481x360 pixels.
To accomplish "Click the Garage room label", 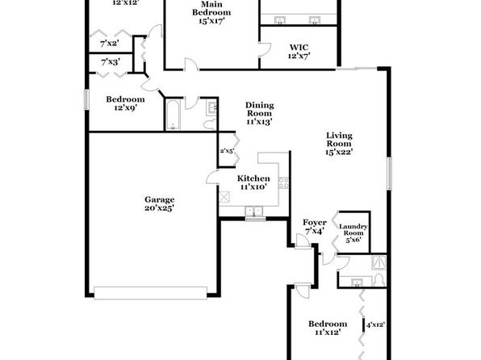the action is click(x=160, y=200).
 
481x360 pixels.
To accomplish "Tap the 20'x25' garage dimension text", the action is click(x=160, y=208).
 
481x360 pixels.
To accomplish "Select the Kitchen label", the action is click(x=253, y=178).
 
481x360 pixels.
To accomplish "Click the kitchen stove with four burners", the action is click(x=283, y=183).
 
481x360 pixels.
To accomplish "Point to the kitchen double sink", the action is click(x=254, y=211).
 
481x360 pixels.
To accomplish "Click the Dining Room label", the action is click(x=260, y=109).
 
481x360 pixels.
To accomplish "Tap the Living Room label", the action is click(x=339, y=140).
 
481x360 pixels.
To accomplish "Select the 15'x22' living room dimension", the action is click(x=339, y=152).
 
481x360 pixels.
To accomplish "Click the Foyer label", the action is click(x=315, y=223).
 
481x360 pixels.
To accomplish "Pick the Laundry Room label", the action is click(x=353, y=229).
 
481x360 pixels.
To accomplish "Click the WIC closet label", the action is click(x=299, y=48).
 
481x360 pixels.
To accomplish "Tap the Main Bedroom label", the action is click(x=211, y=9).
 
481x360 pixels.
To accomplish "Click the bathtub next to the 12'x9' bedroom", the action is click(x=174, y=115).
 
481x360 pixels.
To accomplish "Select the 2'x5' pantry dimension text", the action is click(x=228, y=151).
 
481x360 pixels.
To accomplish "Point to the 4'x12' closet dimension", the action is click(x=376, y=324).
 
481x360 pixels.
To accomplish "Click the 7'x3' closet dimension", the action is click(x=111, y=62).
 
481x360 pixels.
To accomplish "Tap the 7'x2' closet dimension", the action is click(x=110, y=44).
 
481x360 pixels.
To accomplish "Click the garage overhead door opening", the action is click(x=150, y=293).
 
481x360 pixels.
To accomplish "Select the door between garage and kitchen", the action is click(x=212, y=178).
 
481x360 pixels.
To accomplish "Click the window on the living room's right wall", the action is click(x=389, y=174).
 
